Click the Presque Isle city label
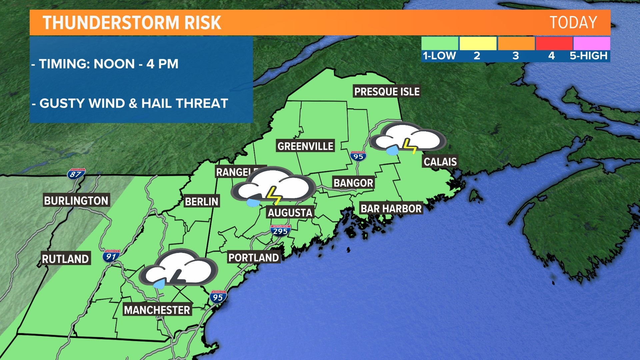click(387, 91)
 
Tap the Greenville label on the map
click(305, 146)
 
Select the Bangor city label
click(353, 183)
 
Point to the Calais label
click(440, 162)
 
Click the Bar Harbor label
click(391, 209)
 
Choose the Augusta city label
click(290, 213)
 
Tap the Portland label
click(253, 258)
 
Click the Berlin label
click(201, 201)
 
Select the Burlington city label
click(76, 200)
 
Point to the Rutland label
click(65, 259)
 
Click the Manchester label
click(157, 310)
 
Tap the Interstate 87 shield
click(76, 174)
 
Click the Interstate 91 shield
click(111, 256)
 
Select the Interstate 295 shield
click(280, 231)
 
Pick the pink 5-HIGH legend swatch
click(592, 43)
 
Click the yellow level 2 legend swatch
click(478, 43)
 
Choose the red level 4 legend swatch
click(554, 43)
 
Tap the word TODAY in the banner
click(573, 23)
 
